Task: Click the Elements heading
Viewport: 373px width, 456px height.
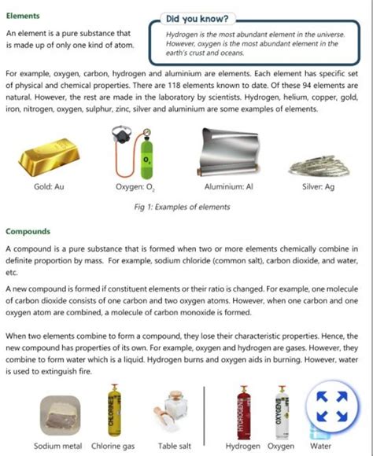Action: tap(23, 16)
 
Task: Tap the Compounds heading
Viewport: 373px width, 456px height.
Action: tap(28, 232)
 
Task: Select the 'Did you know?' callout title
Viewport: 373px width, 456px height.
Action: tap(198, 18)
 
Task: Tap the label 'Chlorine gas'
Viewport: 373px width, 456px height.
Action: tap(113, 446)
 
